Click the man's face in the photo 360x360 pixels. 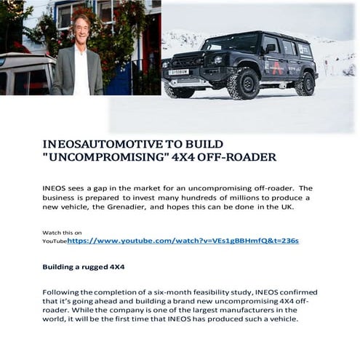point(80,27)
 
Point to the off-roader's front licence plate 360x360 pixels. point(179,72)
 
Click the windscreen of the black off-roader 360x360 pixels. point(244,41)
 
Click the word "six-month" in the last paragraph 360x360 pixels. point(175,292)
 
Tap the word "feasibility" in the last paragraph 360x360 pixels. point(217,292)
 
